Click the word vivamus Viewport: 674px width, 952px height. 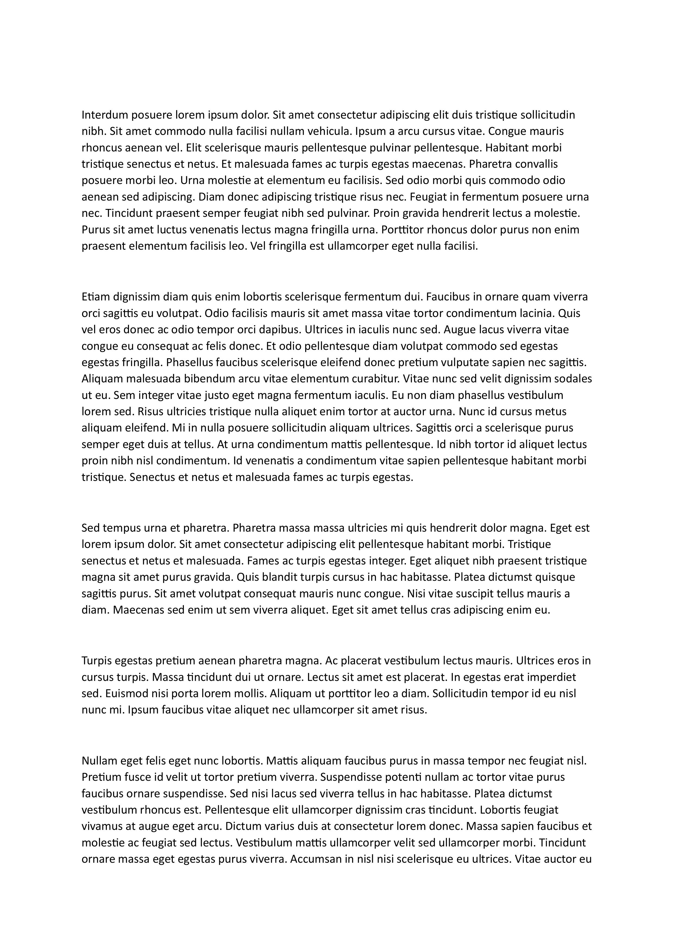pos(100,826)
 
